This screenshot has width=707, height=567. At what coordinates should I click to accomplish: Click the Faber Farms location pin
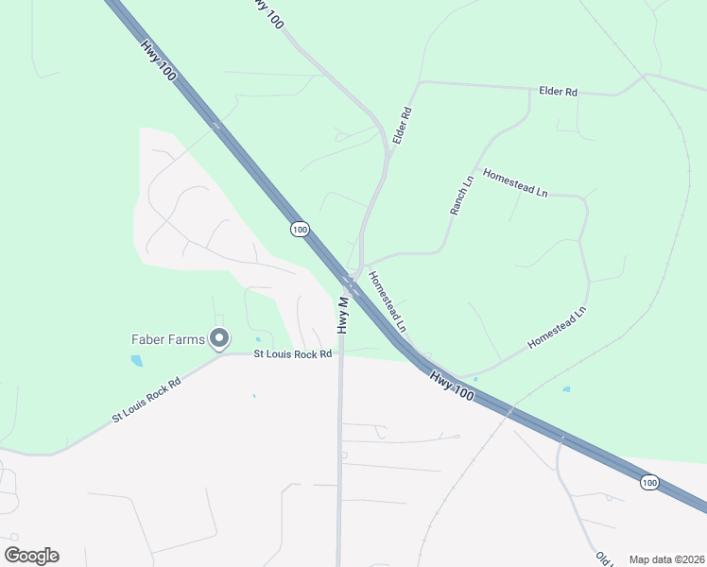[220, 337]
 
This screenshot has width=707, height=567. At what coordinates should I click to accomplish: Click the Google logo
[31, 556]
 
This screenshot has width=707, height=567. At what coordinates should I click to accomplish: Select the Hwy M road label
[343, 315]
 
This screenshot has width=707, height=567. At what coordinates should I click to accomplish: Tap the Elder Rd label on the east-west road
[558, 92]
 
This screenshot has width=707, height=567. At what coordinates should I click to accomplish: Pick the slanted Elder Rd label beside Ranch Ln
[404, 125]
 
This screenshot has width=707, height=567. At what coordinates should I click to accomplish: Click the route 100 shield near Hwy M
[300, 230]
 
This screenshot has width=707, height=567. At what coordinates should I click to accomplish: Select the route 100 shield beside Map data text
[648, 483]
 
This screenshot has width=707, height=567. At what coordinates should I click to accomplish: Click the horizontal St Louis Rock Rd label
[293, 354]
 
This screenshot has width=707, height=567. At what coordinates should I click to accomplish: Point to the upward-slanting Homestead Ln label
[557, 327]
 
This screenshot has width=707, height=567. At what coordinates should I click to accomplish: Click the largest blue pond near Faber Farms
[138, 360]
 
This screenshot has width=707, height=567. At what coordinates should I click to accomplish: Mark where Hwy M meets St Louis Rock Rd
[340, 353]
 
